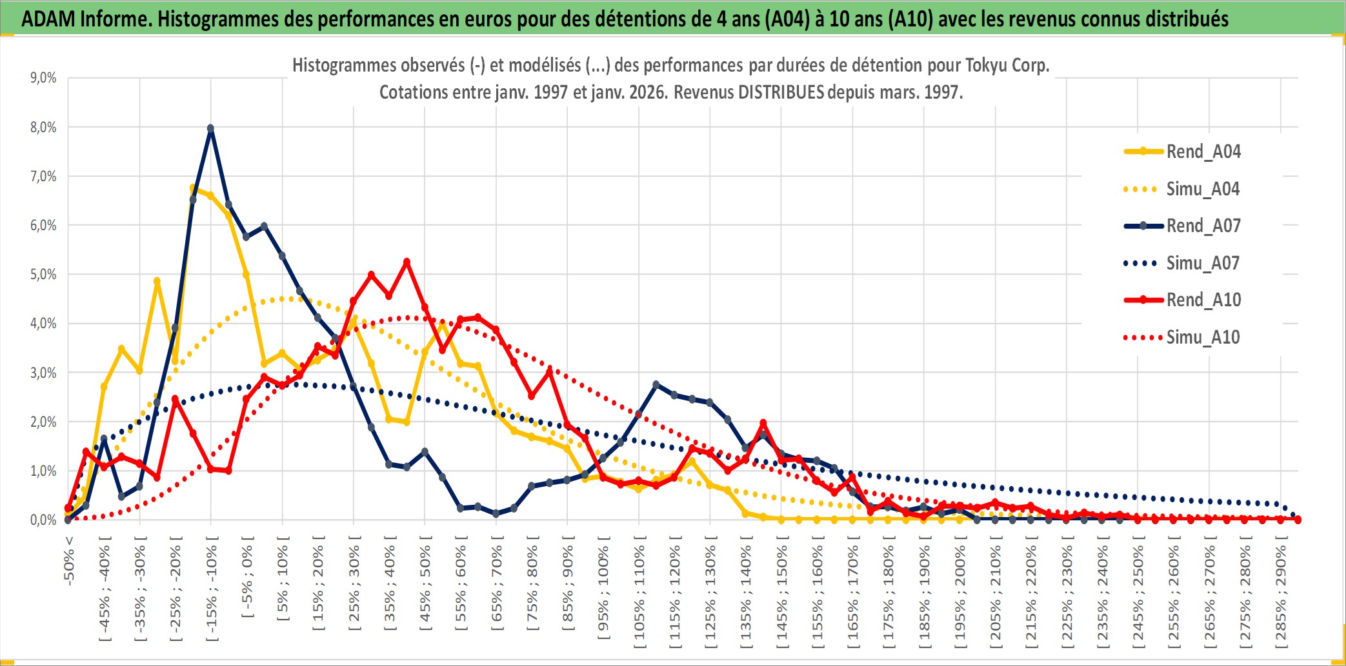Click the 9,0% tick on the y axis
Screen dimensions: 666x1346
click(43, 78)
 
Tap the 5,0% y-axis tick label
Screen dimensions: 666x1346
click(43, 275)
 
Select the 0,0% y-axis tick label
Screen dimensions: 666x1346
click(43, 520)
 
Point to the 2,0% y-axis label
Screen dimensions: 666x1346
click(43, 422)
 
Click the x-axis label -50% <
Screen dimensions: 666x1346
click(69, 561)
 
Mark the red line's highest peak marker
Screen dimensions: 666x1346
click(407, 262)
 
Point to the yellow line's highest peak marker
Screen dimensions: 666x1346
click(193, 188)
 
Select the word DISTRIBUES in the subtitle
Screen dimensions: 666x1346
click(781, 92)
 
